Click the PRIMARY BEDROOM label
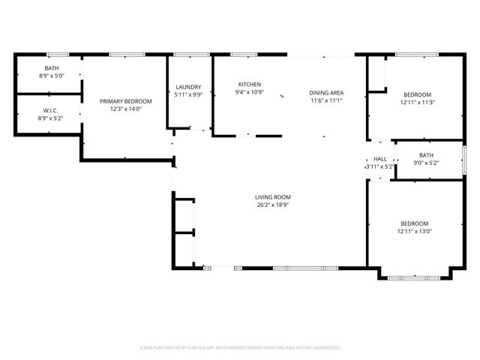[x=126, y=101]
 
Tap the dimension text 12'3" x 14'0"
[x=126, y=109]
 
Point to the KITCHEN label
[x=249, y=84]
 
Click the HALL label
[x=380, y=159]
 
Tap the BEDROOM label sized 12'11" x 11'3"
[x=418, y=94]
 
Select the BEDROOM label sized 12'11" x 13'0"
[x=414, y=223]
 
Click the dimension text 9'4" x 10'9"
[x=249, y=92]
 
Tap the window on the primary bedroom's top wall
[x=126, y=54]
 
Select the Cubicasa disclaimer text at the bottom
[x=240, y=348]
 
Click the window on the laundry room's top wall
[x=191, y=54]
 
